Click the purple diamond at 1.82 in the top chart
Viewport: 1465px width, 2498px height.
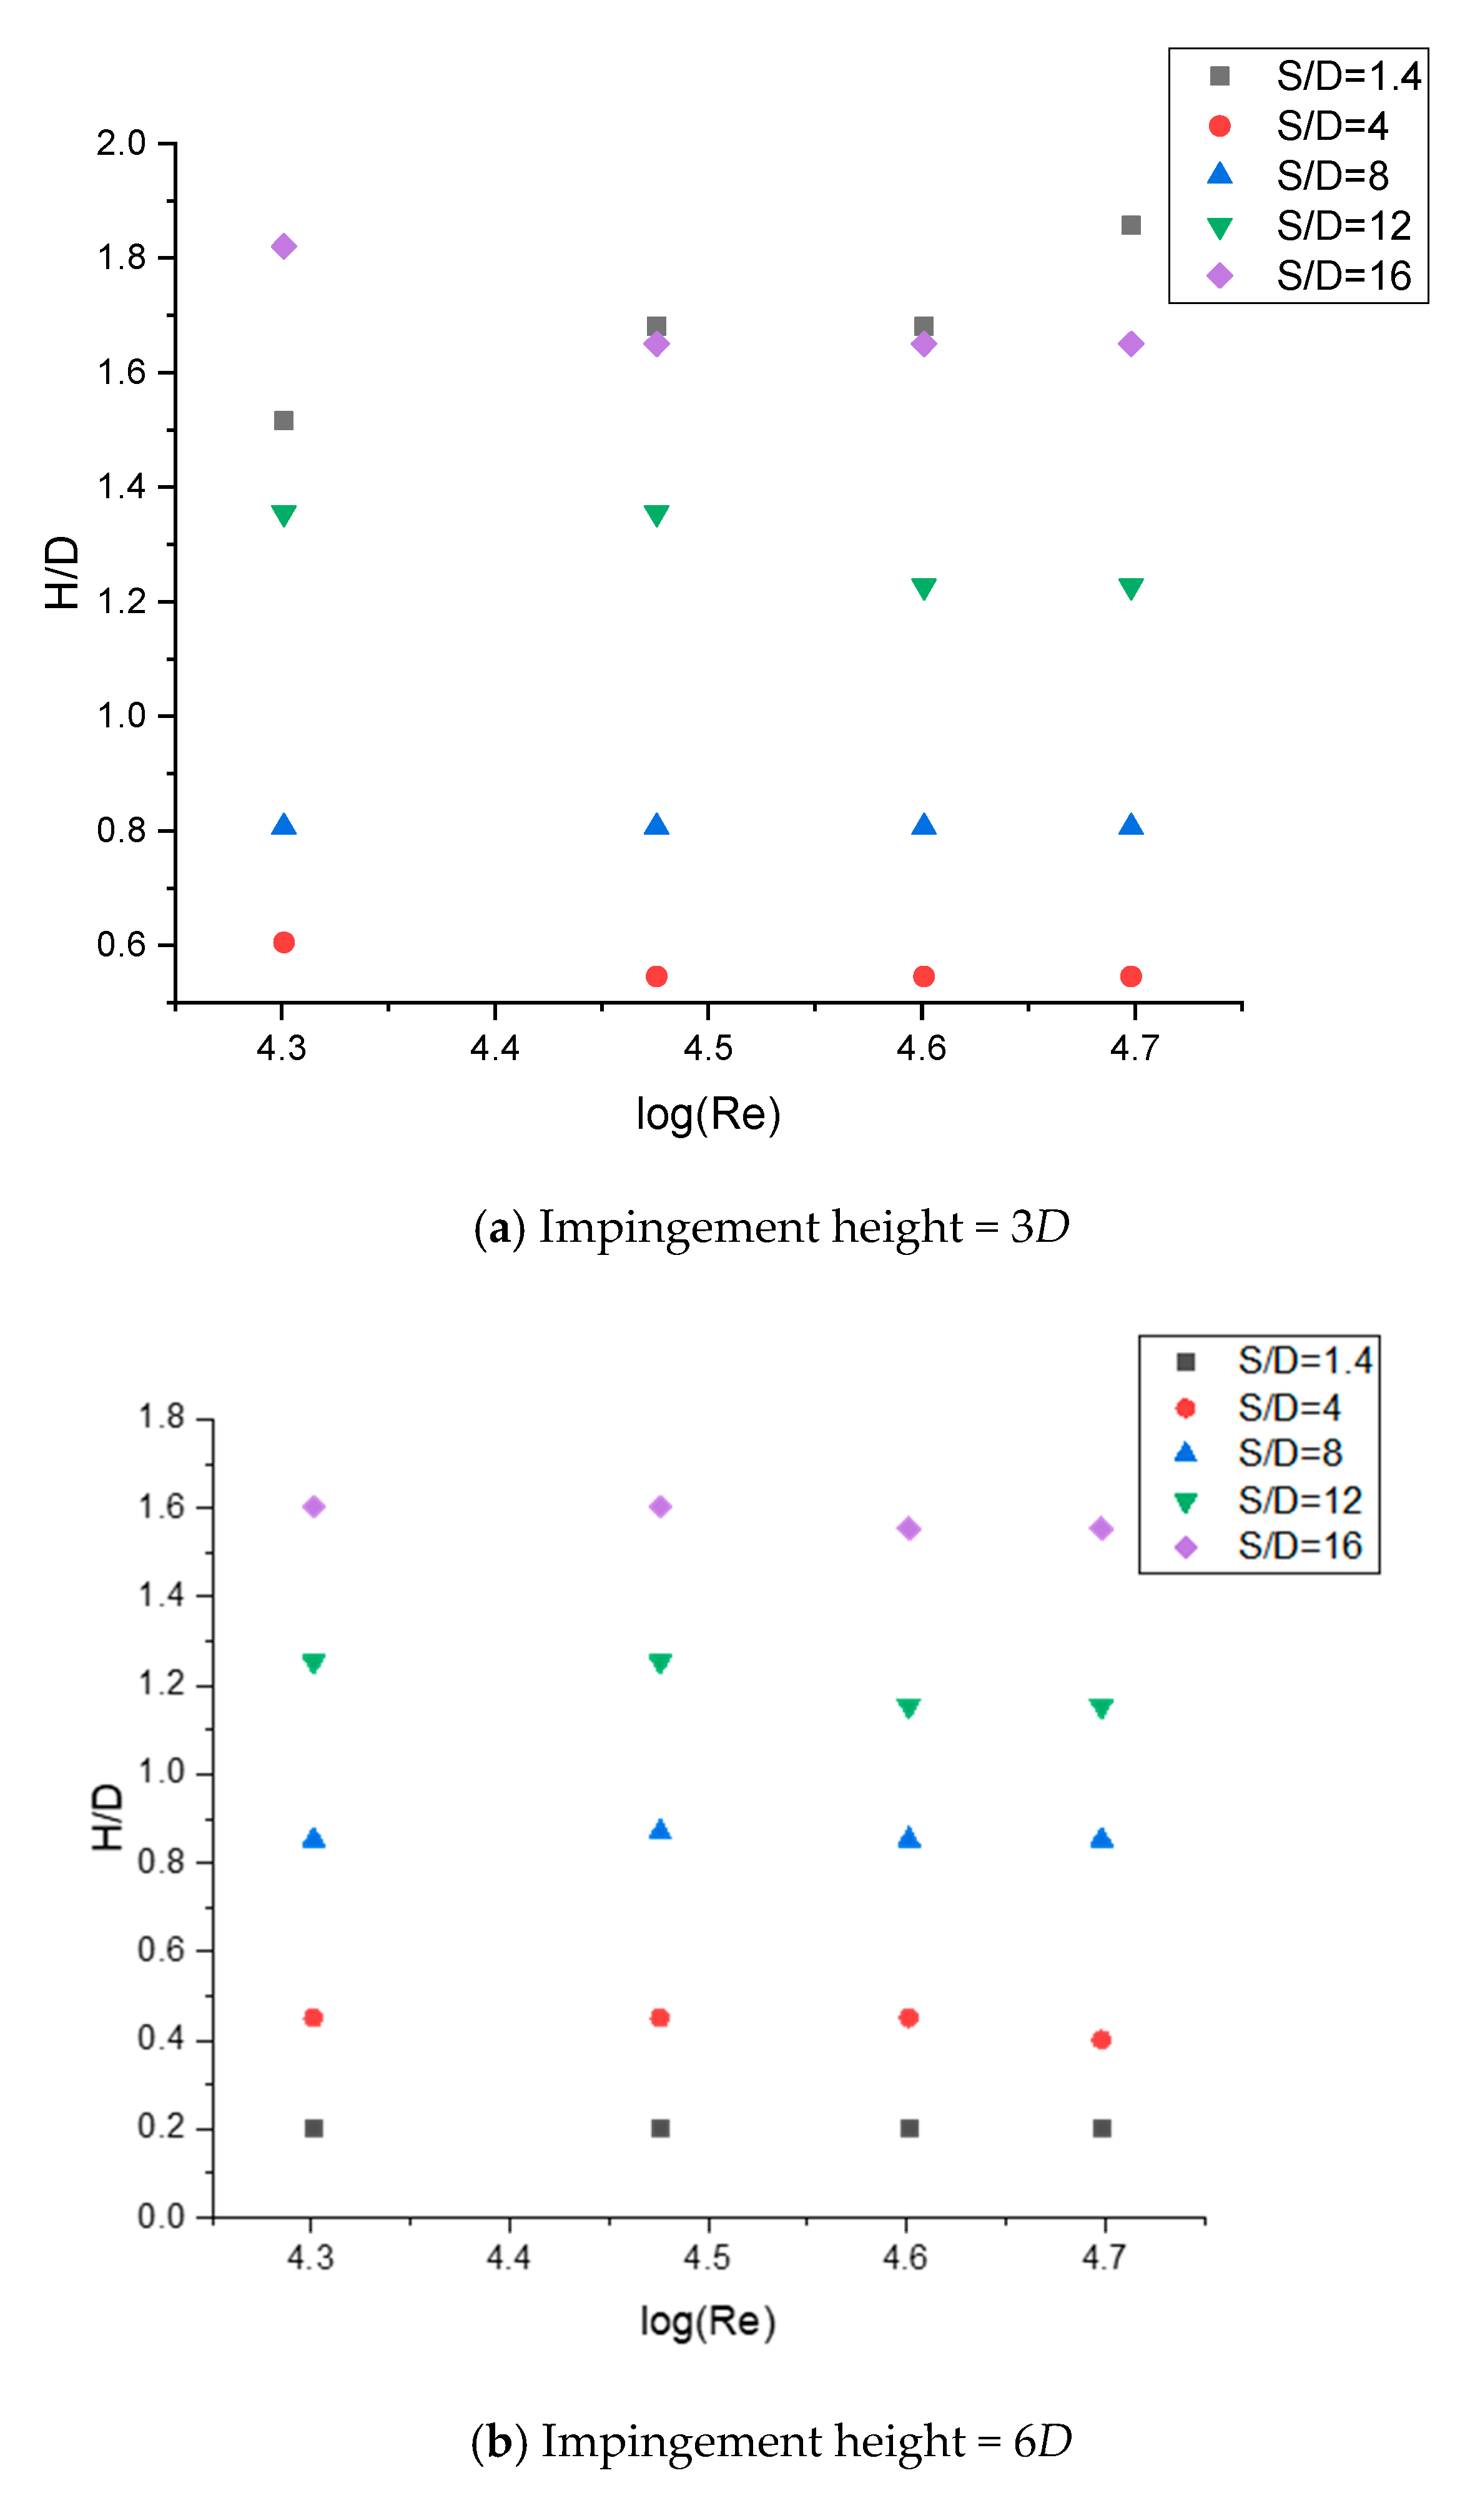pos(284,247)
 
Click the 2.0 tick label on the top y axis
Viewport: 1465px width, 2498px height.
pos(121,144)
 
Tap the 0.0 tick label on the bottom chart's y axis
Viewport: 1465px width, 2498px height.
pos(160,2216)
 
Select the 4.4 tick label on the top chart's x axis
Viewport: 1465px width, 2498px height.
pos(495,1048)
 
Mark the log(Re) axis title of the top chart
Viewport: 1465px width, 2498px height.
pos(708,1114)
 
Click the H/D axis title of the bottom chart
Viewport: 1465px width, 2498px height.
pos(107,1817)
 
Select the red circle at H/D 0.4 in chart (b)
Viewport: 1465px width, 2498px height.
pos(1101,2039)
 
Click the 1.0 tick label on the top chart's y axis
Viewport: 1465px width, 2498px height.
pos(121,715)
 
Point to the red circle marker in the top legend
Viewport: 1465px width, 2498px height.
pos(1219,126)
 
